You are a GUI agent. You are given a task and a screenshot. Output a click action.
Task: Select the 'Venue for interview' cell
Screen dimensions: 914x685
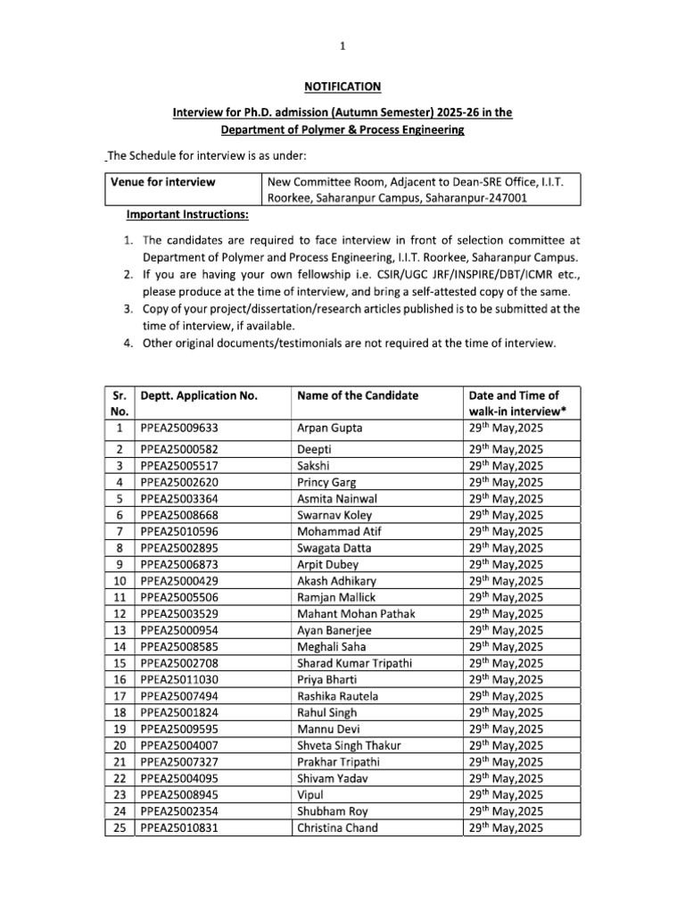[163, 182]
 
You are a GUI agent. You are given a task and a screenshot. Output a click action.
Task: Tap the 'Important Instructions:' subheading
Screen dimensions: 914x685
[187, 215]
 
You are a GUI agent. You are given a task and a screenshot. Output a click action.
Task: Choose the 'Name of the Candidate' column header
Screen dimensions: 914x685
[358, 395]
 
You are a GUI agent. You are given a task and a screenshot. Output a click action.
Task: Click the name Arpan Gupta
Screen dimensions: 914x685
[329, 428]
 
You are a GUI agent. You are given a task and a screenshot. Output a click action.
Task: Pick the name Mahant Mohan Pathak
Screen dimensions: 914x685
[355, 613]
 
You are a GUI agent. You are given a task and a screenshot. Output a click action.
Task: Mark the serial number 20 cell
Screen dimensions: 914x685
[120, 745]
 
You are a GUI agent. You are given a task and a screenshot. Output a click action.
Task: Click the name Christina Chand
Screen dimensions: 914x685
[336, 827]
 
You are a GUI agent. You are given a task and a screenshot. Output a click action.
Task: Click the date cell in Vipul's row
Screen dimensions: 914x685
[506, 794]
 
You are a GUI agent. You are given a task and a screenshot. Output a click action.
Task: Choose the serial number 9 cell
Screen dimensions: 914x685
[120, 564]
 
